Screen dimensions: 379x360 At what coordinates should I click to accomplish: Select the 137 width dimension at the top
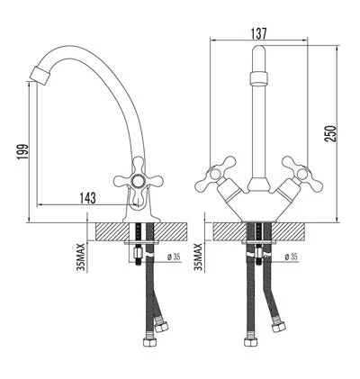(x=258, y=33)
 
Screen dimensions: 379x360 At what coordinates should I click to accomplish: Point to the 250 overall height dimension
(x=332, y=130)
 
